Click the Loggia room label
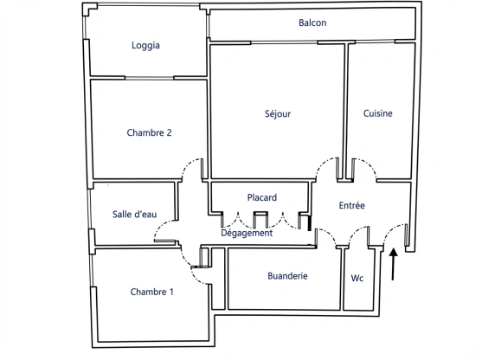click(x=145, y=46)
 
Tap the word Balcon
click(x=312, y=22)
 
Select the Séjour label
click(x=277, y=113)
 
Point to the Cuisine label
click(x=378, y=113)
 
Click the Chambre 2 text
click(x=149, y=132)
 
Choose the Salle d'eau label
click(x=134, y=215)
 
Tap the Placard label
click(x=261, y=197)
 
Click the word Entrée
click(x=351, y=206)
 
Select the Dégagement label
click(x=247, y=233)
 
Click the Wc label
click(x=357, y=278)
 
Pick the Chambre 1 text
click(x=151, y=292)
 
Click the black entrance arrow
click(x=394, y=265)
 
